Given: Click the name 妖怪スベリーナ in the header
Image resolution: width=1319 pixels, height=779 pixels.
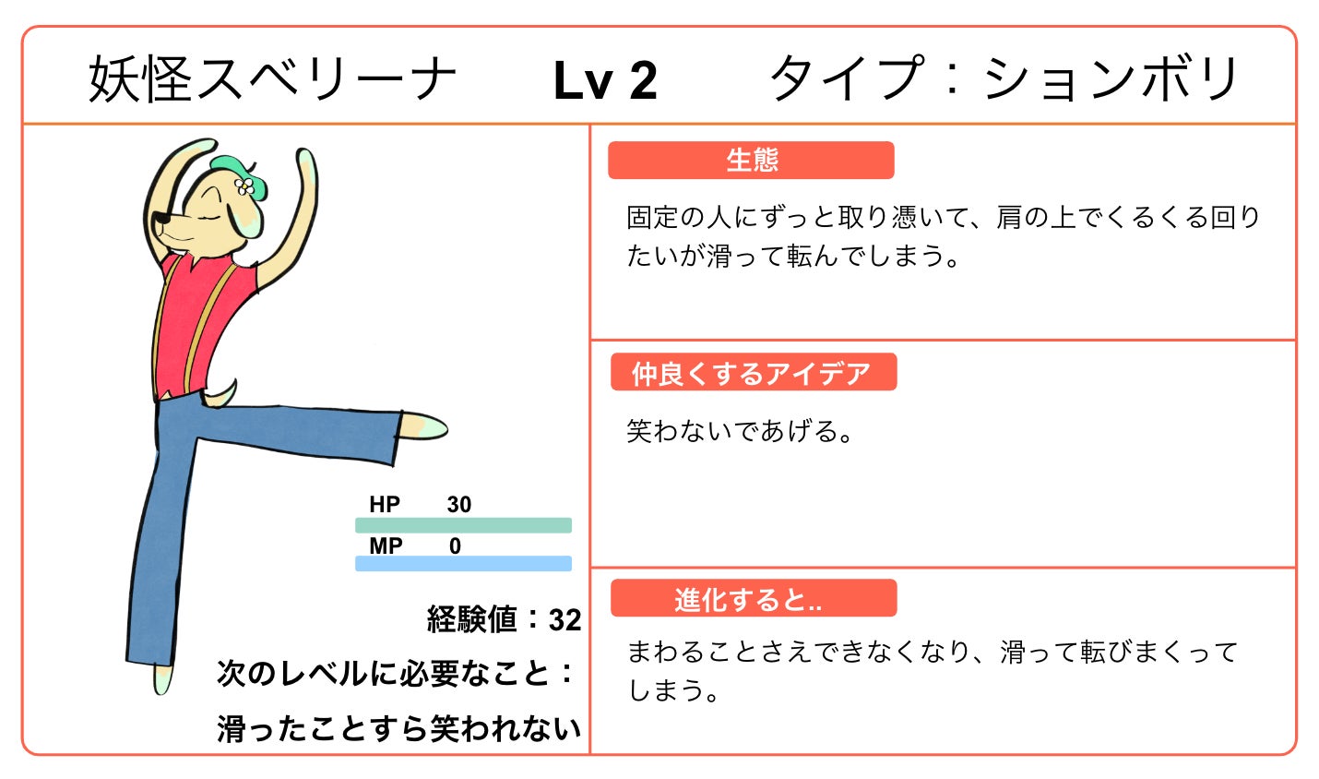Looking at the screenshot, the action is pyautogui.click(x=273, y=79).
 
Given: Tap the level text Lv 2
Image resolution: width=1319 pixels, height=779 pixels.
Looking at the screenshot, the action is pyautogui.click(x=605, y=81).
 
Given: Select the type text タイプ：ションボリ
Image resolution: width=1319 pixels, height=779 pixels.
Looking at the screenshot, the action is pyautogui.click(x=1004, y=79).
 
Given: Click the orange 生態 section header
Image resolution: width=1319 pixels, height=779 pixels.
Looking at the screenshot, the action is pyautogui.click(x=751, y=161).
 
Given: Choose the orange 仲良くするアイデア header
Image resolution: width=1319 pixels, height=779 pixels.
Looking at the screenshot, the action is pyautogui.click(x=753, y=373).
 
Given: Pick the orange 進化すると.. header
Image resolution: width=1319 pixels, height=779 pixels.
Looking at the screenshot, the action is pyautogui.click(x=753, y=599).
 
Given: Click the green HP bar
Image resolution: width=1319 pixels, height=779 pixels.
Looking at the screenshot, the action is pyautogui.click(x=463, y=525).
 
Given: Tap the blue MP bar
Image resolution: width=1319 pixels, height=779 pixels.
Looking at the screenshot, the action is pyautogui.click(x=463, y=563).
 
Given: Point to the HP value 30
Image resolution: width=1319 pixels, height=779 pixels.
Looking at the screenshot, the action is pyautogui.click(x=458, y=505).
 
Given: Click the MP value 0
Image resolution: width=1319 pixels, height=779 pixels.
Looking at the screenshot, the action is pyautogui.click(x=455, y=546).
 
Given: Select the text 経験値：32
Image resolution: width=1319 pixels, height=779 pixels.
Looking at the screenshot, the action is pyautogui.click(x=504, y=619).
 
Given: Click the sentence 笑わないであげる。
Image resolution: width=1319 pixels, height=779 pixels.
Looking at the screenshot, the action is pyautogui.click(x=740, y=431).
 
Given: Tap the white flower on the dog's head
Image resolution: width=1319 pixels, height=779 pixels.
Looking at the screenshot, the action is pyautogui.click(x=244, y=186).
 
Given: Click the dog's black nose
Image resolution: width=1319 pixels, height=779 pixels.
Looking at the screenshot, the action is pyautogui.click(x=159, y=220).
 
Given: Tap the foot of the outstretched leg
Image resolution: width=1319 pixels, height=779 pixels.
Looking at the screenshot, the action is pyautogui.click(x=423, y=426).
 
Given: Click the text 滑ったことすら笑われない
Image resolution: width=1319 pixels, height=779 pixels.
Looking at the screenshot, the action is pyautogui.click(x=398, y=728).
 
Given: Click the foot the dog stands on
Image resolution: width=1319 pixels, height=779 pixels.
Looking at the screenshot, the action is pyautogui.click(x=162, y=680).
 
